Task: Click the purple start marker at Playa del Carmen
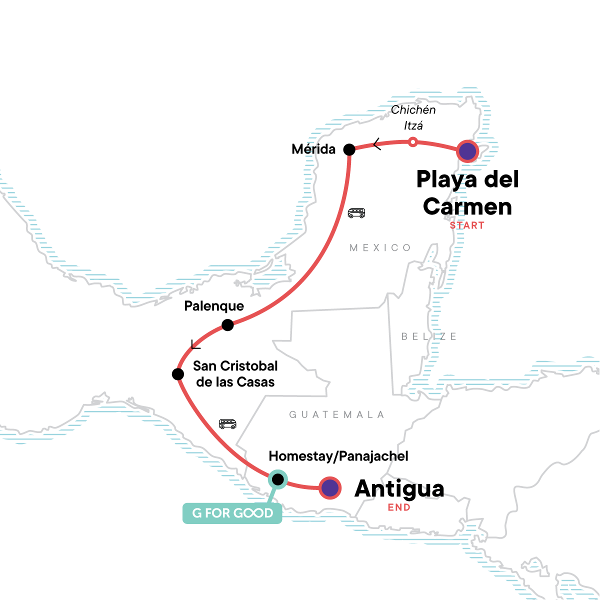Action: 467,150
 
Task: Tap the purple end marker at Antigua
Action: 330,488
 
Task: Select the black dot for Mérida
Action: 349,149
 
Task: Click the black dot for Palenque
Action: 227,325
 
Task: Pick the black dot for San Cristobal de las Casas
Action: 177,374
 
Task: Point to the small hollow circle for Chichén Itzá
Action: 412,142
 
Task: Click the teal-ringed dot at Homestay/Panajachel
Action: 277,479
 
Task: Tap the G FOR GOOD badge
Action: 232,513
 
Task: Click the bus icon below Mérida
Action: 356,213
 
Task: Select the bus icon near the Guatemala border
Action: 227,424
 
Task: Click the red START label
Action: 467,225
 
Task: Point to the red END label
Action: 399,508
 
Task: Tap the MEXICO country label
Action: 380,248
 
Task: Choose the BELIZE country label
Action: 429,336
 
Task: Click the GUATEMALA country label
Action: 337,414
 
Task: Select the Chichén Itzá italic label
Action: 413,117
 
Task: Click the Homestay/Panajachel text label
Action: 338,456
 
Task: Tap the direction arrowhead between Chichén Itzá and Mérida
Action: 377,144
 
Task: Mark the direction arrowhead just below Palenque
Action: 195,344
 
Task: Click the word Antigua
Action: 399,488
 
